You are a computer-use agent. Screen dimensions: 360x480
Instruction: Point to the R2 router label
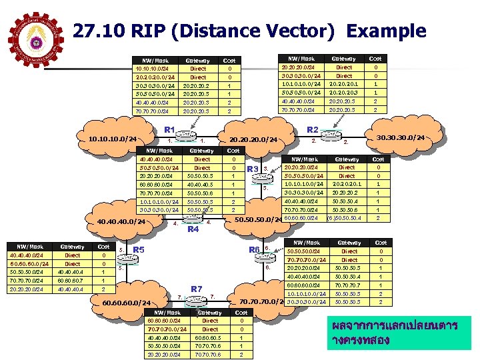311,129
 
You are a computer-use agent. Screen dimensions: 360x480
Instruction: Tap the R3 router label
253,169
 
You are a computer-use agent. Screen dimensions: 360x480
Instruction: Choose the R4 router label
193,229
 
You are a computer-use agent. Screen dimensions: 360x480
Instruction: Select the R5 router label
139,250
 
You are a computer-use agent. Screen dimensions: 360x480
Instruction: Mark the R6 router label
254,250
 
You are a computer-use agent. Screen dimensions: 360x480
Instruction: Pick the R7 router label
197,289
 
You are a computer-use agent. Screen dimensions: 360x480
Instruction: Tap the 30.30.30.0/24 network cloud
418,138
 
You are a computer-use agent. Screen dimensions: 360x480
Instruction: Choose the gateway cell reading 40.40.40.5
201,185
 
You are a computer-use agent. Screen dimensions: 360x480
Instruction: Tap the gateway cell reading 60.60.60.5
209,338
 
